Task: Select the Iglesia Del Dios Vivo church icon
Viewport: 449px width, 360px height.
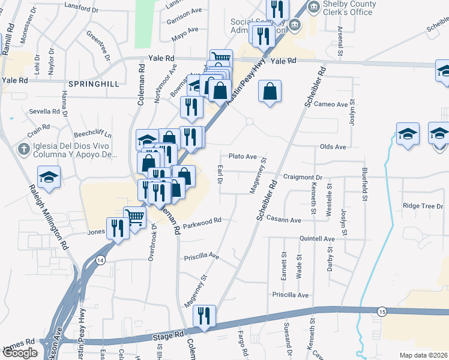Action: tap(24, 149)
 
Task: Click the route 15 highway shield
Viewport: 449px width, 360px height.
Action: tap(382, 310)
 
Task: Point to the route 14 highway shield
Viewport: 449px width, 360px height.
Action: tap(100, 260)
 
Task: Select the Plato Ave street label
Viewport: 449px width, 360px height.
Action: tap(242, 156)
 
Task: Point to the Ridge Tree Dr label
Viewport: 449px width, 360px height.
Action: tap(423, 206)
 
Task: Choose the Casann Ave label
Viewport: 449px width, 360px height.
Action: tap(284, 220)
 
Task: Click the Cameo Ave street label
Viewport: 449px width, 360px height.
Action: tap(334, 104)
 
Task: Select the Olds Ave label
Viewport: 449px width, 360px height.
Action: tap(333, 146)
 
